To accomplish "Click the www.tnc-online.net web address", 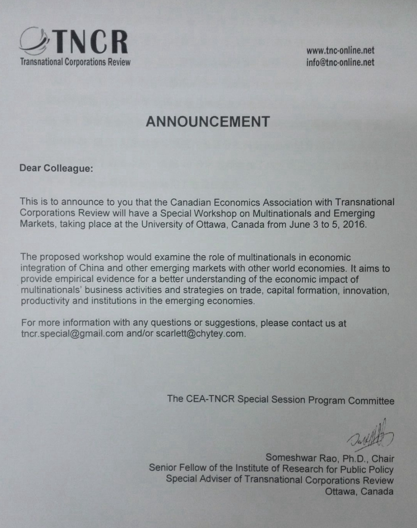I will coord(340,51).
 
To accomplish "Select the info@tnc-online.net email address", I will coord(340,62).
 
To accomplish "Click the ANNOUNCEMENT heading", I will coord(208,122).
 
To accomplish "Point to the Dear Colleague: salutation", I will coord(56,168).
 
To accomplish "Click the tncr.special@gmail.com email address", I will coord(72,334).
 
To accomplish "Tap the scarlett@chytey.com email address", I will coord(200,334).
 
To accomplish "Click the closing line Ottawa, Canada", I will coord(359,492).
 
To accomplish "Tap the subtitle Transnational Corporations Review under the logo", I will coord(75,62).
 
